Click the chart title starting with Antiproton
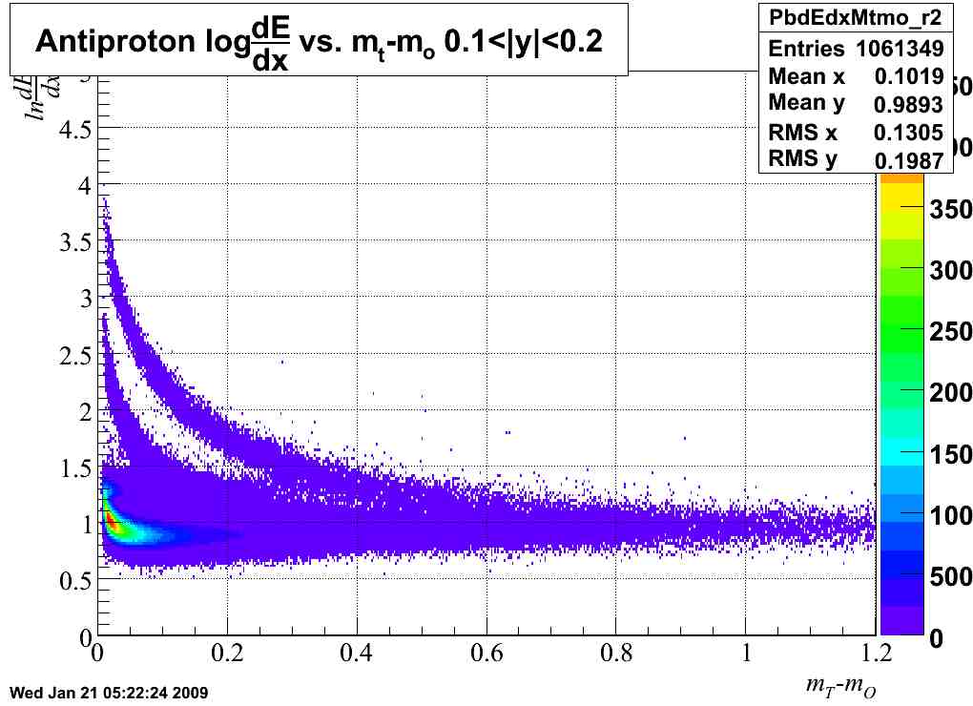click(319, 41)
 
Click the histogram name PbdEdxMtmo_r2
click(856, 16)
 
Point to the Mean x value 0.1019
click(909, 76)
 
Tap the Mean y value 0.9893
click(909, 104)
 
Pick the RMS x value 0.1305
click(909, 133)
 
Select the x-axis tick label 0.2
click(225, 654)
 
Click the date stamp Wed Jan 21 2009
click(107, 691)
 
